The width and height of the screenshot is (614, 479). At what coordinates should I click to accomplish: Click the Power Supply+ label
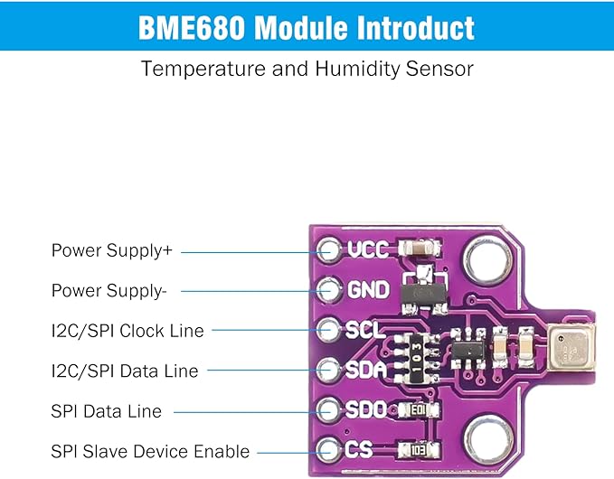pos(111,250)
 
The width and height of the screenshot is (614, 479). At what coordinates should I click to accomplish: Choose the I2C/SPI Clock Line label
pos(128,330)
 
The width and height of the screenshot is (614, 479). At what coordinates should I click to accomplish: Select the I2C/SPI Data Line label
pos(125,371)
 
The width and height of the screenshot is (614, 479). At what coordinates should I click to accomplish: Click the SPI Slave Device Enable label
pos(150,451)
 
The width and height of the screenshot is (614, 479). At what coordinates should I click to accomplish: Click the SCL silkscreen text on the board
pos(365,329)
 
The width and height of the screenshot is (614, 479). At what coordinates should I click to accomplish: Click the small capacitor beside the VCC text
pos(421,248)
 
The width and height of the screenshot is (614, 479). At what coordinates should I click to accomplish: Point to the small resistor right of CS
pos(419,449)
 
